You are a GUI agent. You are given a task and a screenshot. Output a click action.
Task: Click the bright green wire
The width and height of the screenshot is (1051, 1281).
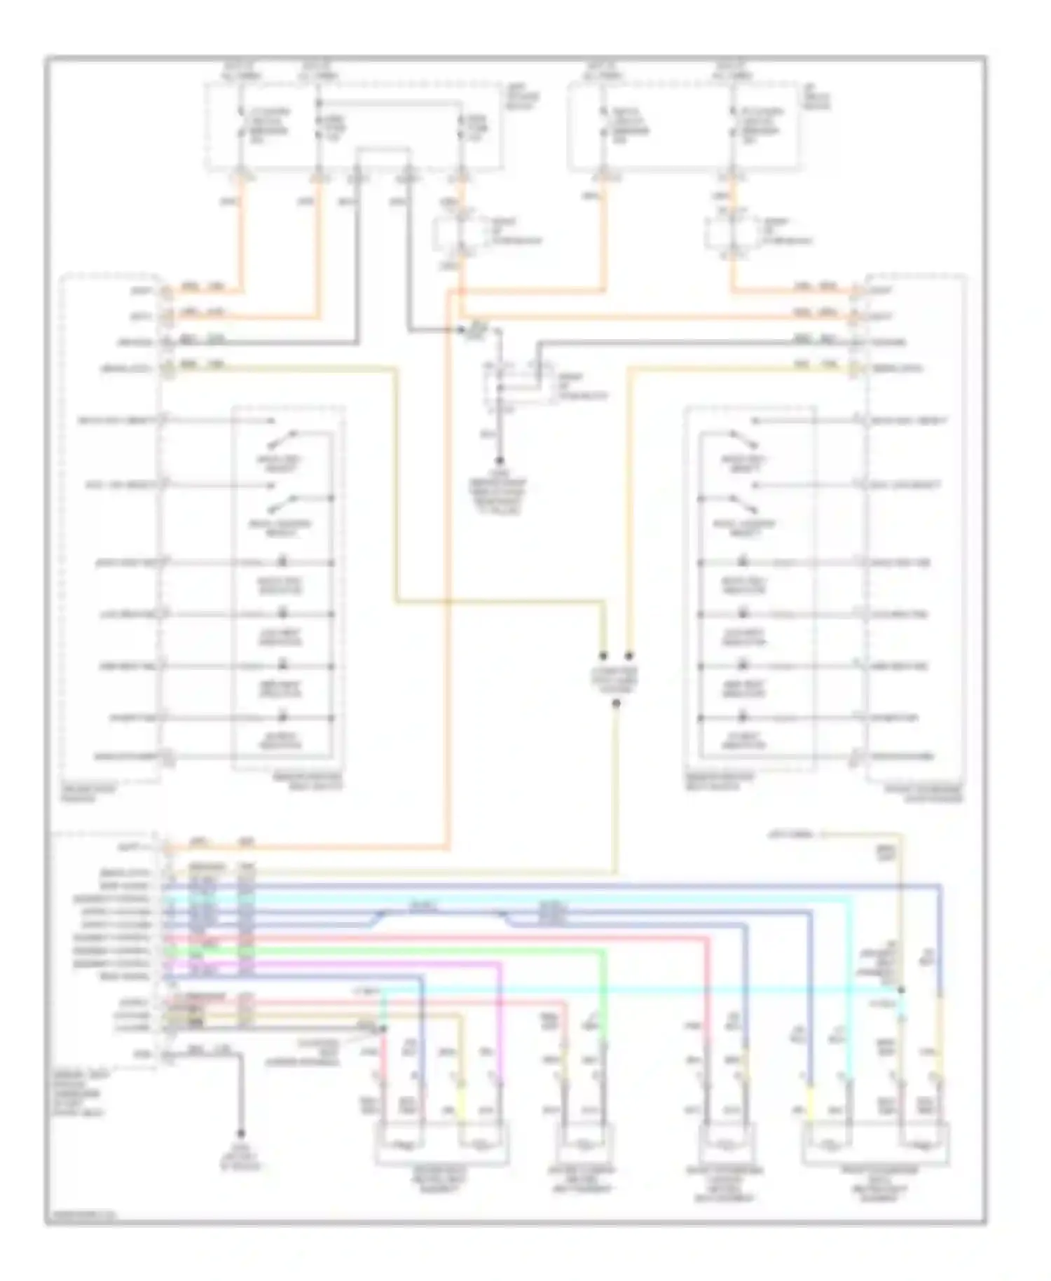coord(420,951)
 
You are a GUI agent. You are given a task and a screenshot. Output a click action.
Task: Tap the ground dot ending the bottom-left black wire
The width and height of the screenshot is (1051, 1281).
coord(240,1133)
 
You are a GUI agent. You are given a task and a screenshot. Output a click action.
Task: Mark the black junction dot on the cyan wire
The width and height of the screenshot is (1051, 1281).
coord(901,989)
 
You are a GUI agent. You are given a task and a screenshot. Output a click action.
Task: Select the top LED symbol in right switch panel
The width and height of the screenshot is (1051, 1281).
coord(744,562)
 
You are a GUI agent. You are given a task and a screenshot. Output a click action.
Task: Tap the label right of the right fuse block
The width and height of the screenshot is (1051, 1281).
coord(816,98)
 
